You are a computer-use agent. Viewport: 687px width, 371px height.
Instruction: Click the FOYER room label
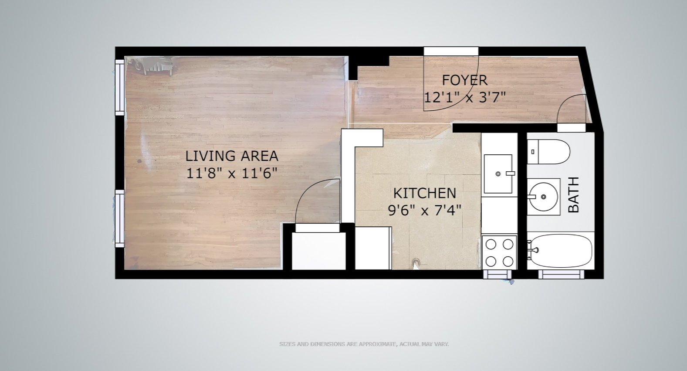[x=464, y=80]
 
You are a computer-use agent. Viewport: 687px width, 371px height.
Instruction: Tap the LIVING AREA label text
[x=232, y=156]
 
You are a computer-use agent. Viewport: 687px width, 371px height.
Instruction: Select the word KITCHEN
[x=424, y=193]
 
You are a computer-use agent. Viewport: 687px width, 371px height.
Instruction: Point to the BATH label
[x=574, y=195]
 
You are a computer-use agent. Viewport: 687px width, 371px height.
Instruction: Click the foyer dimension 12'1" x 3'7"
[x=464, y=98]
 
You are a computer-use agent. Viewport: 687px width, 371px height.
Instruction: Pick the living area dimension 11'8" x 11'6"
[x=232, y=174]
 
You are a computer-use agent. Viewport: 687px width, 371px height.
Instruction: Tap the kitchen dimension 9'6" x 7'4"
[x=424, y=211]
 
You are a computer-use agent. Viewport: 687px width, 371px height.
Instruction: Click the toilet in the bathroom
[x=548, y=152]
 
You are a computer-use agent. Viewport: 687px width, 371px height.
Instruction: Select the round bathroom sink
[x=543, y=197]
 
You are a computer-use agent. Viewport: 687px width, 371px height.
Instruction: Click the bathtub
[x=561, y=251]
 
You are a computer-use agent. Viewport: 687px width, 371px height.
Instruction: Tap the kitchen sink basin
[x=498, y=174]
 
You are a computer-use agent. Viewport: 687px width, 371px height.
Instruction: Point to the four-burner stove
[x=499, y=252]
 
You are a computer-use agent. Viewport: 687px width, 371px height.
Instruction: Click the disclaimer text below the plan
[x=364, y=344]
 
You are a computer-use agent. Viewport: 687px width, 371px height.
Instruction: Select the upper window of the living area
[x=120, y=88]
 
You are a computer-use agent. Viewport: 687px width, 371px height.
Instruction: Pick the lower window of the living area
[x=120, y=218]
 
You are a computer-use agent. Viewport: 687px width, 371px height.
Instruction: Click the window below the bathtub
[x=561, y=274]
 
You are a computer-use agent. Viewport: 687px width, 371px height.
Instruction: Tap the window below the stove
[x=497, y=274]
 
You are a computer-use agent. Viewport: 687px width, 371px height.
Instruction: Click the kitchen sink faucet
[x=510, y=174]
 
